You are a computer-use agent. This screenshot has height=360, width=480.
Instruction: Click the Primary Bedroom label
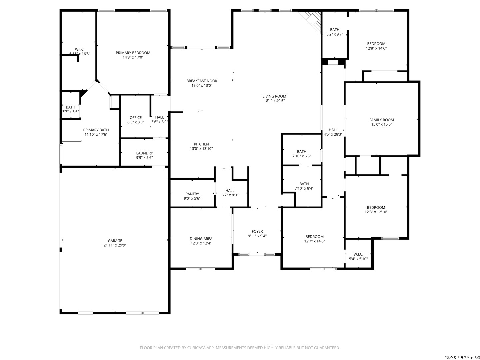point(133,53)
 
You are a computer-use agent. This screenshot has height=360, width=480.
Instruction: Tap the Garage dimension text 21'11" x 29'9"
point(115,245)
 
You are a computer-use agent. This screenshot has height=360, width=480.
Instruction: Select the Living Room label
point(274,96)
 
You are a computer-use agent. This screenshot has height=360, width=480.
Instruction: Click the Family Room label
point(381,120)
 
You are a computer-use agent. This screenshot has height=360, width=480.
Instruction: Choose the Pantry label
point(192,194)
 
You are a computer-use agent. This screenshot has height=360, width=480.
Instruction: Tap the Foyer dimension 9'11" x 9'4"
point(257,236)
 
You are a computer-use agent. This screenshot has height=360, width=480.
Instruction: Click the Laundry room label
point(144,153)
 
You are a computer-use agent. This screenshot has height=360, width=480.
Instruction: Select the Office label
point(136,118)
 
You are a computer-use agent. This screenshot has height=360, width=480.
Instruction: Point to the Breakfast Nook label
point(202,81)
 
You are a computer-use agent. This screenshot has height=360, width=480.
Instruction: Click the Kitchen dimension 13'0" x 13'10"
point(201,149)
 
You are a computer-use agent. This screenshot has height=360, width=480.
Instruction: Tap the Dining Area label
point(201,239)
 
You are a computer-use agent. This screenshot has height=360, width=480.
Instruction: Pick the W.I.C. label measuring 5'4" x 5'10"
point(358,254)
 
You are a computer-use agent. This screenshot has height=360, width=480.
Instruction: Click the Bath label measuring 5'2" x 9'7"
point(335,30)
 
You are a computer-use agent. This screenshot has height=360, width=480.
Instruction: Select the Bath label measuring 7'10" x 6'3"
point(302,151)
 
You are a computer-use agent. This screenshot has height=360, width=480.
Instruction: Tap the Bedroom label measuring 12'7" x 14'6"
point(314,237)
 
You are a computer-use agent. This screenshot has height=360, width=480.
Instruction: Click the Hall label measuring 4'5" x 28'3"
point(333,130)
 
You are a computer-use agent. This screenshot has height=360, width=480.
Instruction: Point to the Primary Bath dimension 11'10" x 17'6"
point(96,134)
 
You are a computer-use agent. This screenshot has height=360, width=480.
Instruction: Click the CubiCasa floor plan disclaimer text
point(240,348)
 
